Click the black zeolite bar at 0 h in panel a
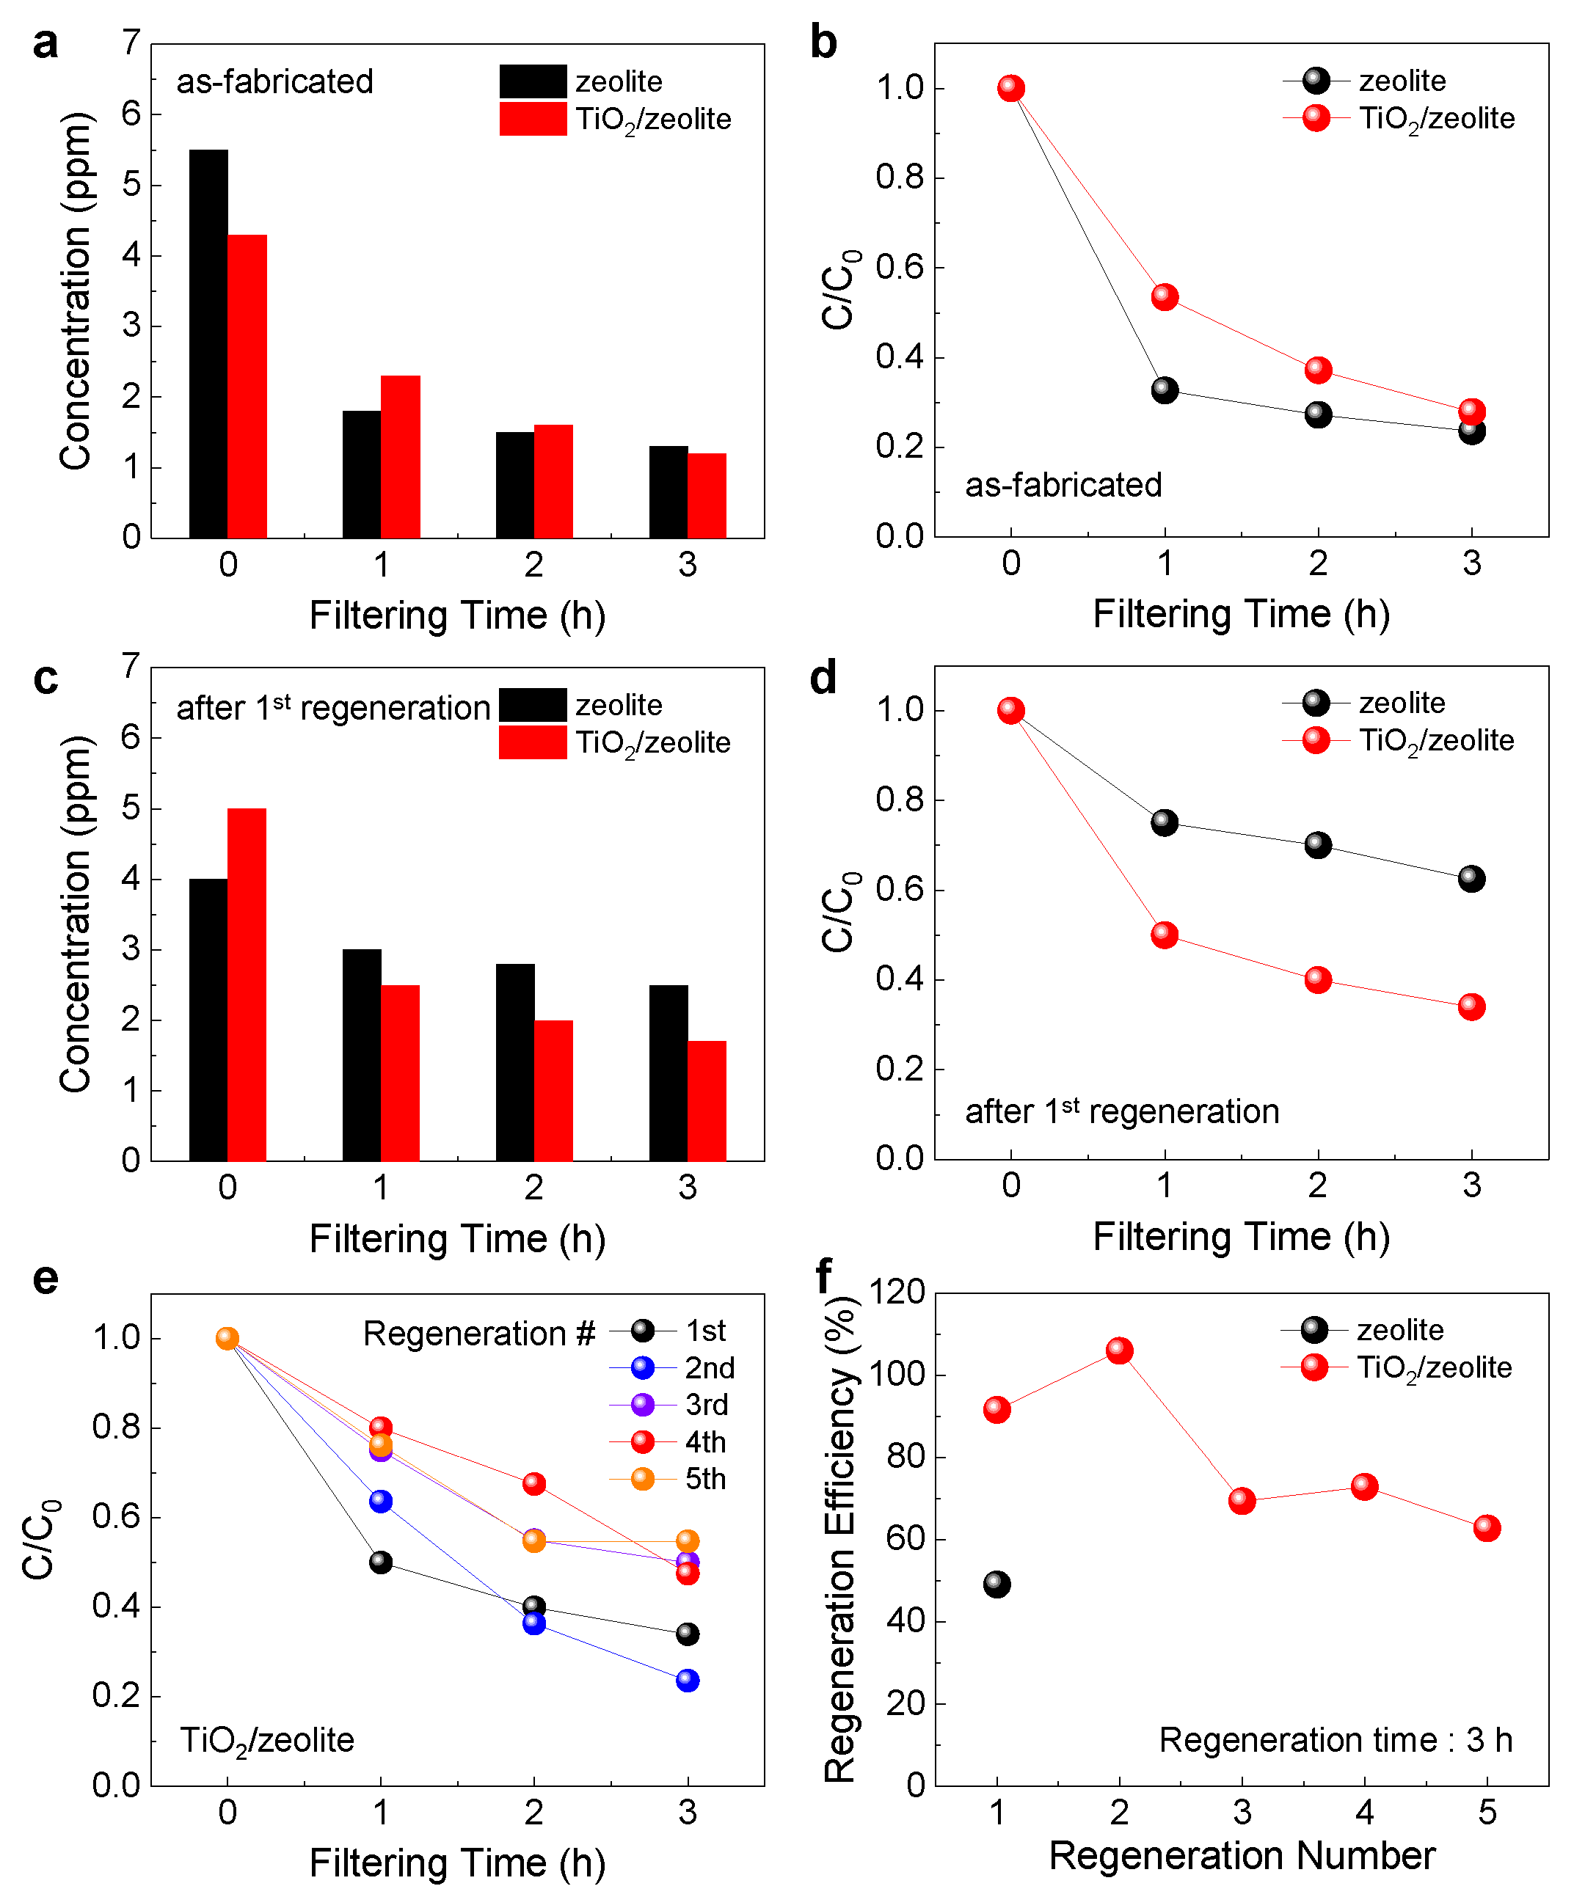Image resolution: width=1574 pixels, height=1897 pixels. [208, 343]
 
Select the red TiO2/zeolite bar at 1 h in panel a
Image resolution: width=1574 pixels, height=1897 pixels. [400, 456]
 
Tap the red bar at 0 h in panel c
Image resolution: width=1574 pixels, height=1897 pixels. [247, 984]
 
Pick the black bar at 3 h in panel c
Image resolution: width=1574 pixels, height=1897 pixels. [668, 1072]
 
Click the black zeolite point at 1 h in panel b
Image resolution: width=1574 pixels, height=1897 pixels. [1164, 390]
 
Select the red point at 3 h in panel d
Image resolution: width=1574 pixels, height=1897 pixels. [1471, 1006]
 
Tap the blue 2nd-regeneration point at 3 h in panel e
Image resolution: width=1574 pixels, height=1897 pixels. [687, 1680]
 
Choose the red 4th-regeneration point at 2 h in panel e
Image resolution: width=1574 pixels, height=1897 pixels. [534, 1483]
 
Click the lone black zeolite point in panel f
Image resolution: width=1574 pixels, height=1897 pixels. [996, 1585]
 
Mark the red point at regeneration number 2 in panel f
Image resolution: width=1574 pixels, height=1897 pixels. [1120, 1350]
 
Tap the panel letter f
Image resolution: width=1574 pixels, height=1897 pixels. [823, 1276]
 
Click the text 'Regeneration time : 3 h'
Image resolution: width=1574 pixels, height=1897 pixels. [1336, 1740]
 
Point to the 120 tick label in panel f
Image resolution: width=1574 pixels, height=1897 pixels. [896, 1293]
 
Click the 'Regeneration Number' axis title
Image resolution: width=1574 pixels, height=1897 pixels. [1242, 1857]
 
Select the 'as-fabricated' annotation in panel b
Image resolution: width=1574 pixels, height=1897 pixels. [1063, 485]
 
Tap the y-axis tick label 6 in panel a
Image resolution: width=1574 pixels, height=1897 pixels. [131, 114]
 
